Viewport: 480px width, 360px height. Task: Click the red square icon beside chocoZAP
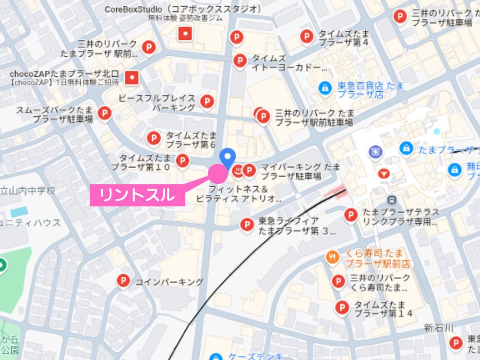tap(131, 77)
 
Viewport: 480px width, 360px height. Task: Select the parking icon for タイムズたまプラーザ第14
tap(342, 307)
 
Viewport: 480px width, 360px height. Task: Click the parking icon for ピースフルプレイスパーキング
tap(207, 101)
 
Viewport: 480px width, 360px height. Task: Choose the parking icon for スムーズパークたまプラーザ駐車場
tap(104, 113)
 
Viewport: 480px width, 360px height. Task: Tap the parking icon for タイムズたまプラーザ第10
tap(182, 160)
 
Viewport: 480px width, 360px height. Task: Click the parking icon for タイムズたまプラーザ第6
tap(154, 138)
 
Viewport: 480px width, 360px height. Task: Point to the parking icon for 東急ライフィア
tap(247, 224)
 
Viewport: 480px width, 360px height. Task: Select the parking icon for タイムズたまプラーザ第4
tap(306, 36)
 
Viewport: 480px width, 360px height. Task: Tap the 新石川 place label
tap(439, 328)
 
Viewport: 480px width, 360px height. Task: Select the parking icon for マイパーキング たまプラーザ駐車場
tap(249, 169)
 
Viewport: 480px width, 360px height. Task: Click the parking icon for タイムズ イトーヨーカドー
tap(240, 60)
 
